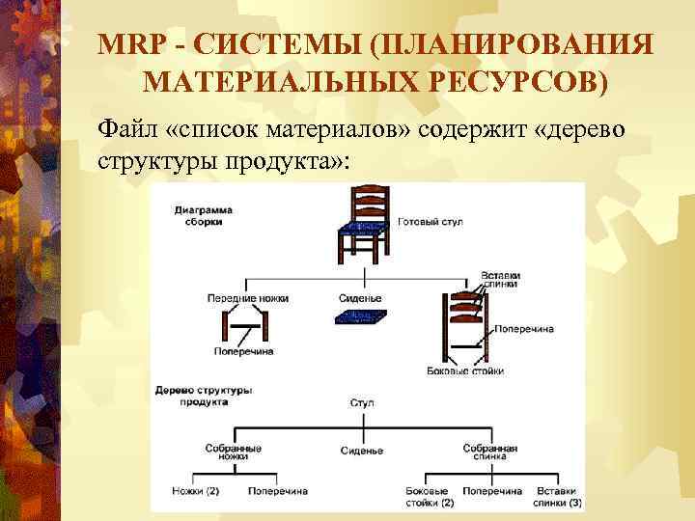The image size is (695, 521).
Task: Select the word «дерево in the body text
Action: point(587,129)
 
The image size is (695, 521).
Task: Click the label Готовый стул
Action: point(431,222)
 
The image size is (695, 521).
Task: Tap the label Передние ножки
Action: point(248,298)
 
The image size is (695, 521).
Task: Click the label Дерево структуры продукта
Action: point(204,395)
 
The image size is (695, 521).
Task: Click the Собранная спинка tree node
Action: point(490,452)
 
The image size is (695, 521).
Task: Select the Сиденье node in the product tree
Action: point(362,451)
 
